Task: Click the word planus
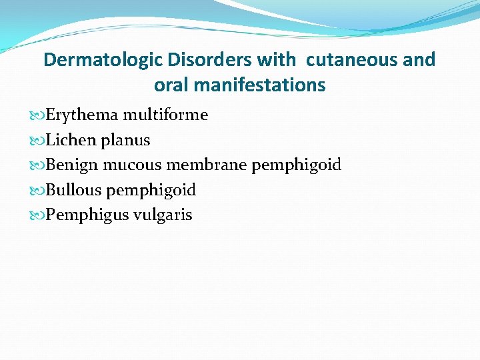pyautogui.click(x=125, y=141)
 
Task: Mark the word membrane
pyautogui.click(x=206, y=165)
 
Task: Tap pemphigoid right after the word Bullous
pyautogui.click(x=151, y=191)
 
